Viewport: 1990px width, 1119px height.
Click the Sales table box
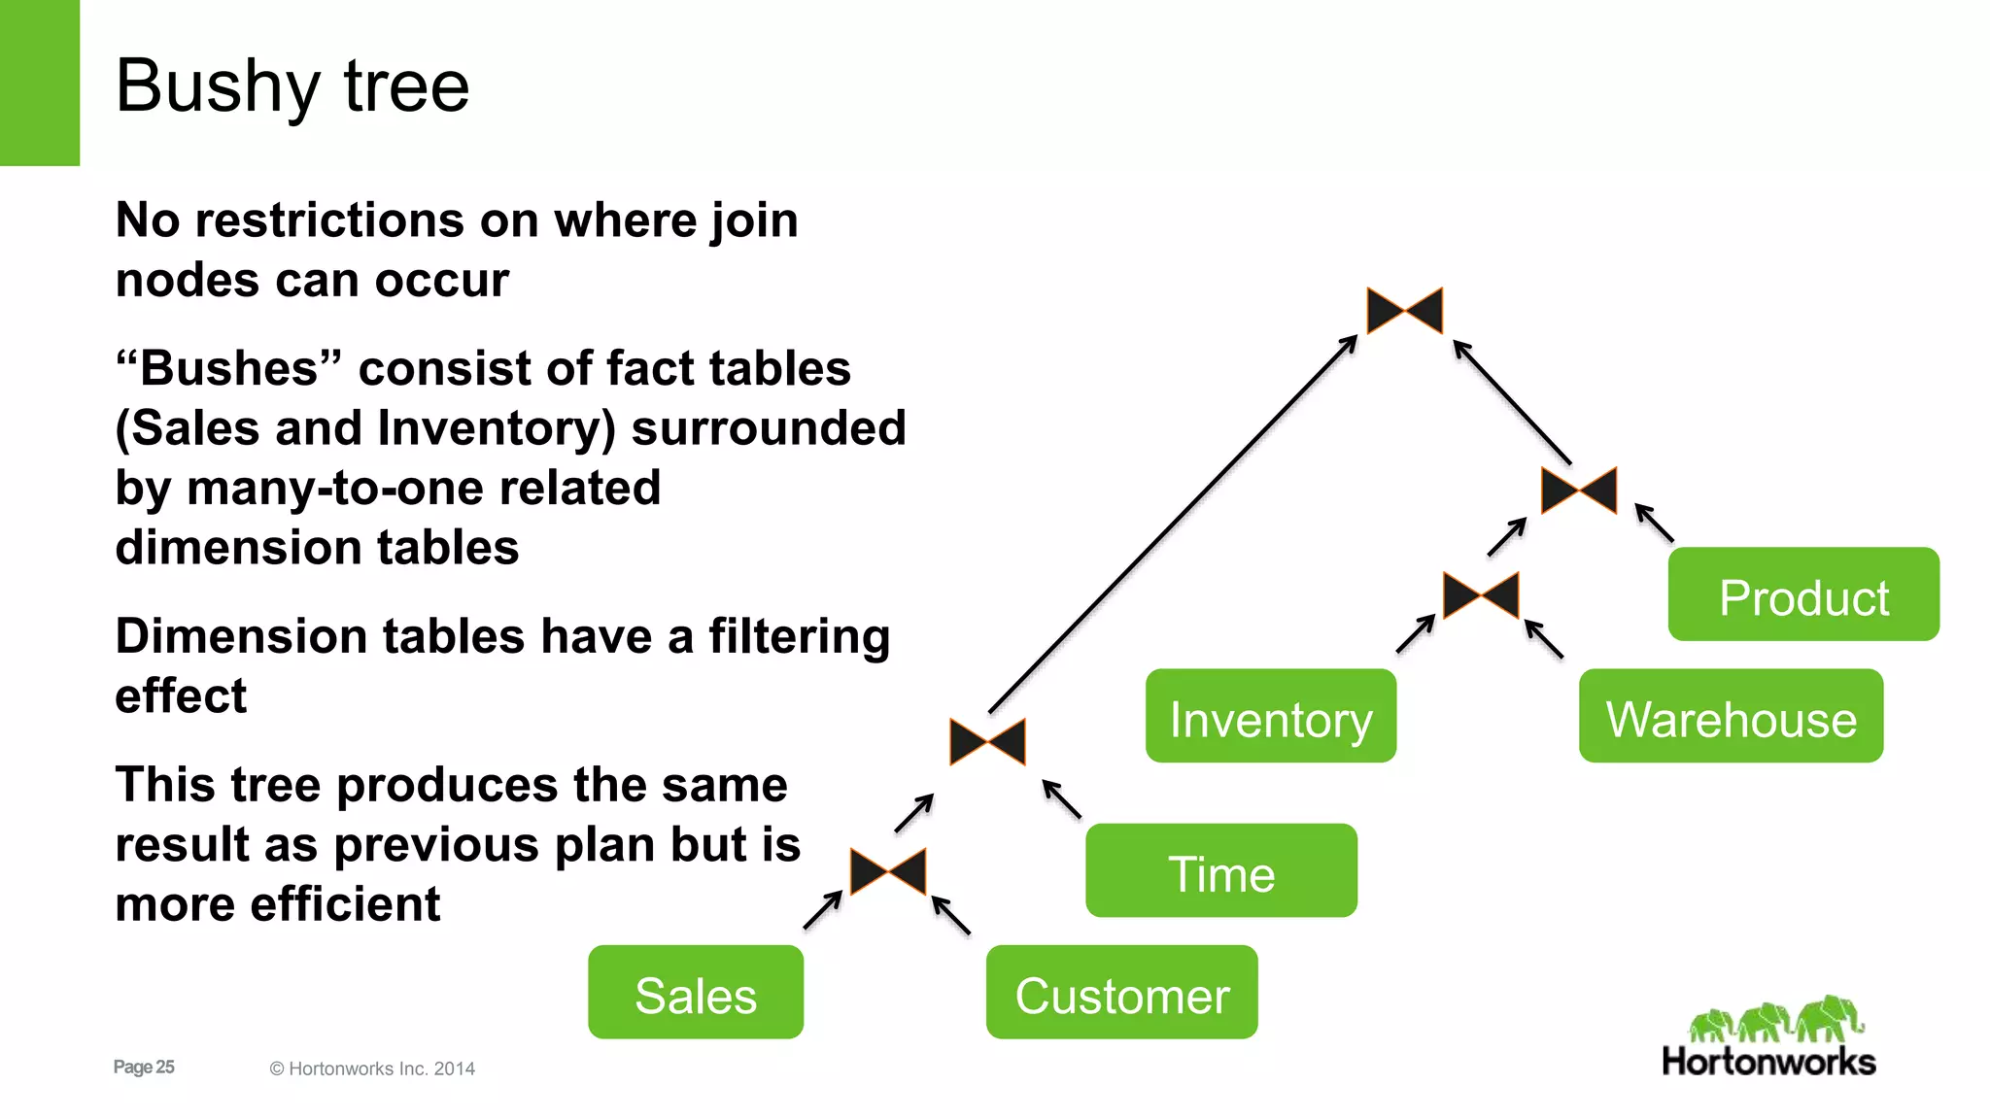[x=696, y=992]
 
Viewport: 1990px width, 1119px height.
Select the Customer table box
[x=1121, y=992]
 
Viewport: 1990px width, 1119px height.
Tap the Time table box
[x=1220, y=870]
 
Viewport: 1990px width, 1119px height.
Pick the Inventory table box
[x=1270, y=716]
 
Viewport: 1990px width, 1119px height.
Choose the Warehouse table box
[x=1731, y=716]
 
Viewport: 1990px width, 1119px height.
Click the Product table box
[x=1803, y=593]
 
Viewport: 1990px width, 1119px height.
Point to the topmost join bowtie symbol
[x=1404, y=311]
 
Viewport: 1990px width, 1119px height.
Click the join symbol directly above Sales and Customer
[x=888, y=871]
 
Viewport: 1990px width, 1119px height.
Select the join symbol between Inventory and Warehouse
[x=1481, y=595]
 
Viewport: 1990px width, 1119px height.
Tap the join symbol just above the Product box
[x=1579, y=491]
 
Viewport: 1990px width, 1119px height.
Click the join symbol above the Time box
[x=987, y=742]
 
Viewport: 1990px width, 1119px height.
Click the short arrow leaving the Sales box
[x=823, y=910]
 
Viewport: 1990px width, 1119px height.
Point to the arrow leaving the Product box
[x=1654, y=523]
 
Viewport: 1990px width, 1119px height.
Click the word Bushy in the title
[x=217, y=87]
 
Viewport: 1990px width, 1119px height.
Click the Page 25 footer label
[x=144, y=1067]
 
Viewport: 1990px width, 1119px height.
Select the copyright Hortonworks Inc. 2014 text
[x=372, y=1068]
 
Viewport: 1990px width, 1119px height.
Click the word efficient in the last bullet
[x=345, y=904]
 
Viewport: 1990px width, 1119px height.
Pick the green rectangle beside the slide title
[x=39, y=83]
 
